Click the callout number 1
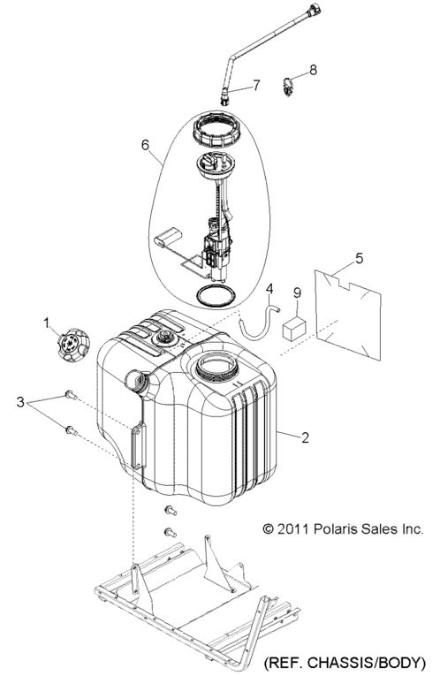pyautogui.click(x=47, y=322)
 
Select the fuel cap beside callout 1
pyautogui.click(x=73, y=345)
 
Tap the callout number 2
pyautogui.click(x=305, y=437)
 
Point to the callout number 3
pyautogui.click(x=20, y=402)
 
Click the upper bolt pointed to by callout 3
pyautogui.click(x=71, y=395)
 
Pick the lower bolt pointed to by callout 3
pyautogui.click(x=71, y=429)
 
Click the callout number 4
pyautogui.click(x=269, y=288)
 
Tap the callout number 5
pyautogui.click(x=359, y=258)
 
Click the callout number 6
pyautogui.click(x=145, y=145)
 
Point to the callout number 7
pyautogui.click(x=256, y=86)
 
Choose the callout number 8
pyautogui.click(x=313, y=70)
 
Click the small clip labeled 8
pyautogui.click(x=288, y=87)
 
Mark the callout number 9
pyautogui.click(x=297, y=293)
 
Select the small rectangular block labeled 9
pyautogui.click(x=294, y=330)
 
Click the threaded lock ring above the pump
pyautogui.click(x=216, y=130)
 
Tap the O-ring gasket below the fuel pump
pyautogui.click(x=216, y=296)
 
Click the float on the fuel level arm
pyautogui.click(x=168, y=238)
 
